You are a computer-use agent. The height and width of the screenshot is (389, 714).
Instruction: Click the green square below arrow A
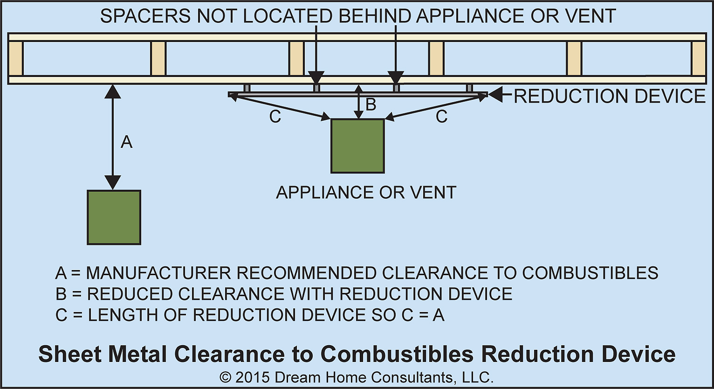coord(114,217)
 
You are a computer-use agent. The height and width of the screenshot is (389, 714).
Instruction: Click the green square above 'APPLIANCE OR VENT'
coord(357,146)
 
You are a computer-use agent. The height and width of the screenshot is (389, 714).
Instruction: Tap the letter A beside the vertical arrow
coord(127,142)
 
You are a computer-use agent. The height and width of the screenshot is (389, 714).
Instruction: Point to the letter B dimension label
coord(371,105)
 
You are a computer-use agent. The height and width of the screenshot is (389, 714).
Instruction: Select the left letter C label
coord(275,117)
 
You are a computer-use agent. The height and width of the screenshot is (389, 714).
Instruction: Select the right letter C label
coord(441,117)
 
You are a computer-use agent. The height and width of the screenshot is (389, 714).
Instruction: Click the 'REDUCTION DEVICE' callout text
coord(610,96)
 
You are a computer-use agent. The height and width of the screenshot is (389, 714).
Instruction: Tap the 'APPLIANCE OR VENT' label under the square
coord(366,193)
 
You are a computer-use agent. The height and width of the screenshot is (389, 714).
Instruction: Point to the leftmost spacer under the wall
coord(247,88)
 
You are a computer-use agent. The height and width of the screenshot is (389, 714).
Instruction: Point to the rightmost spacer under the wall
coord(469,88)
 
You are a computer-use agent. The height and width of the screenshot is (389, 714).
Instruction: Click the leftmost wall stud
coord(16,59)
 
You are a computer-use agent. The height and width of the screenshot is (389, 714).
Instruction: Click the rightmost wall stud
coord(698,59)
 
